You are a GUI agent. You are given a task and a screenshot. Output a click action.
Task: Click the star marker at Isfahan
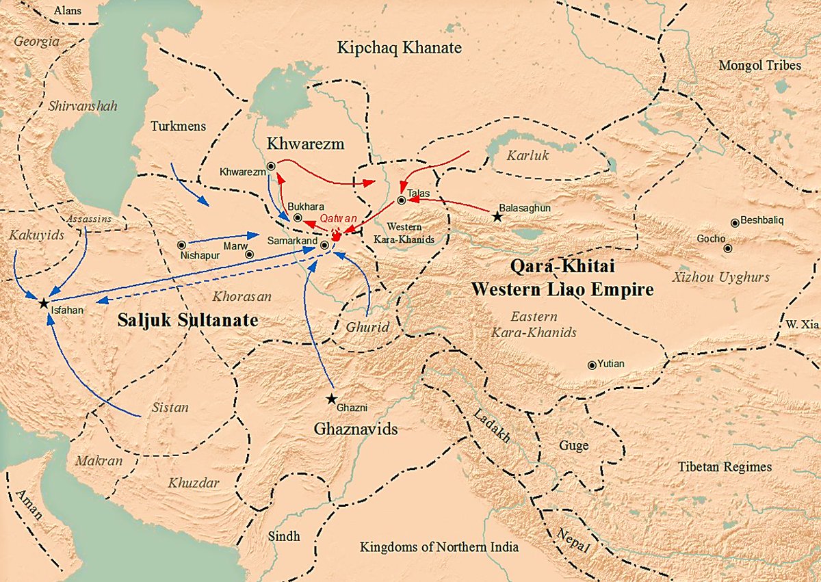[43, 302]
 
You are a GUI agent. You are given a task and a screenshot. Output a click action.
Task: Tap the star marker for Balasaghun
[497, 217]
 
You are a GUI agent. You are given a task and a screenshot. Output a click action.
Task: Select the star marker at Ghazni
[332, 398]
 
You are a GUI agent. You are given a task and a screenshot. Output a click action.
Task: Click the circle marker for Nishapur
[181, 244]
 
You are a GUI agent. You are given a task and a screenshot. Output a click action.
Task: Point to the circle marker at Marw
[250, 254]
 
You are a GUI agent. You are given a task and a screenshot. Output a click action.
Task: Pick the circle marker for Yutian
[592, 365]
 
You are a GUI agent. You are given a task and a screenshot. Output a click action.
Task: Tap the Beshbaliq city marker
[735, 222]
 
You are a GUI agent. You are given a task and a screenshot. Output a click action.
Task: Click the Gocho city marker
[728, 248]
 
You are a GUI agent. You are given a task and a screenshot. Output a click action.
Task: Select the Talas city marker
[401, 200]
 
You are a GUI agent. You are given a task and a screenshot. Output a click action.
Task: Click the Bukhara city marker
[298, 217]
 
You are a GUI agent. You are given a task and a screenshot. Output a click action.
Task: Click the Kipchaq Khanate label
[400, 48]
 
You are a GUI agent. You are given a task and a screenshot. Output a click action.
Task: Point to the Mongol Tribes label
[759, 66]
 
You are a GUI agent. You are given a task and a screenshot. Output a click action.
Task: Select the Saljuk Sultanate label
[187, 319]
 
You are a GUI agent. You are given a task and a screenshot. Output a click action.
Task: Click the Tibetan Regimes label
[725, 467]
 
